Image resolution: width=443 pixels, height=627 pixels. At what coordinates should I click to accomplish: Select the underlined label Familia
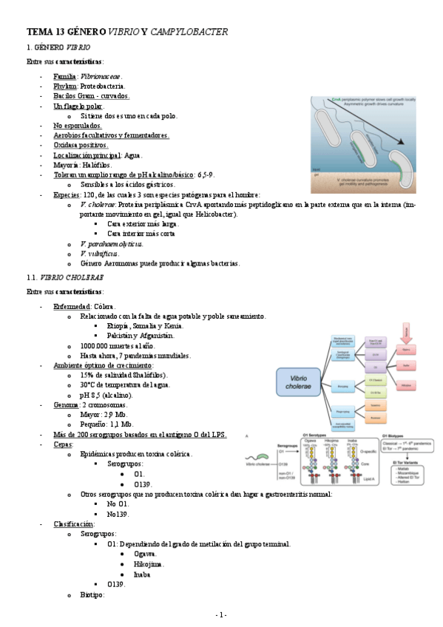64,76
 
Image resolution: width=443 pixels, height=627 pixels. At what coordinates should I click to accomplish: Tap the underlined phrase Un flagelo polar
78,106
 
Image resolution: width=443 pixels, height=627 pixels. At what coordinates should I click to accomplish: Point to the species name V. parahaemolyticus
111,243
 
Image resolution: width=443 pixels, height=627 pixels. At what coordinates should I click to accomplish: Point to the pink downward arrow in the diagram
405,331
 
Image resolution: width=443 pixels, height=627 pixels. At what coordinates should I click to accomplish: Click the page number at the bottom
220,615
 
